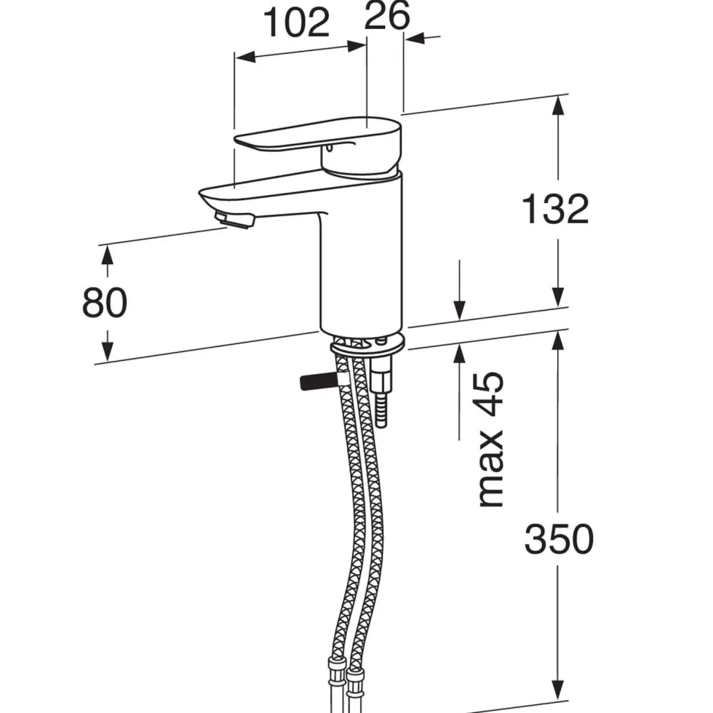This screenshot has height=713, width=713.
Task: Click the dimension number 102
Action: coord(297,23)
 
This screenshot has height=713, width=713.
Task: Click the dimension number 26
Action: coord(387,15)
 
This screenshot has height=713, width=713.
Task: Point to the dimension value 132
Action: coord(555,209)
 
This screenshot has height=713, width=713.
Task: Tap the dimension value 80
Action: coord(105,303)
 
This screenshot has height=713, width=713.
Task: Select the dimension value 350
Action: coord(559,539)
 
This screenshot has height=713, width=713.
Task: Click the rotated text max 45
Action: coord(490,439)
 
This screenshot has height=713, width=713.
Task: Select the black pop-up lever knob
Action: coord(318,381)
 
